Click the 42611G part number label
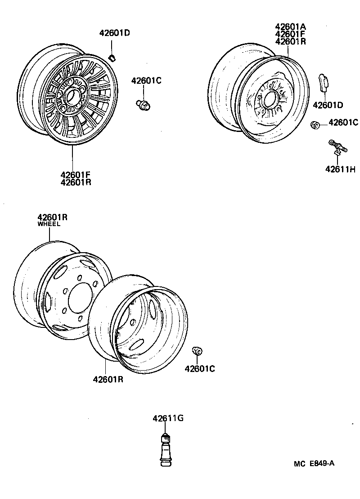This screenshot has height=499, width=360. [x=168, y=418]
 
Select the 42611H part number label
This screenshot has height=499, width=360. [x=340, y=169]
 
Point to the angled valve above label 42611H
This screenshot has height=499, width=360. [x=337, y=147]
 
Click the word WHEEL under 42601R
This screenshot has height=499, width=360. [x=49, y=224]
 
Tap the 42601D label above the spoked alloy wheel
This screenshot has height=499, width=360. [x=114, y=33]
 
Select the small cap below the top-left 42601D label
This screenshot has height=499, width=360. [x=113, y=57]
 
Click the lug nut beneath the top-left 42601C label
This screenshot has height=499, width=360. [x=144, y=105]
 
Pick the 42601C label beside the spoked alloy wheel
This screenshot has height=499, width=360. [x=146, y=81]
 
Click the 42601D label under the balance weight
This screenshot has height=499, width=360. [x=328, y=105]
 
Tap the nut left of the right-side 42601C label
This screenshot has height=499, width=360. [x=315, y=124]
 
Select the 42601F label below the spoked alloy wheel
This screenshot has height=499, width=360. [x=75, y=174]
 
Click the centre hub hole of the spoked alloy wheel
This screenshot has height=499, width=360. [x=71, y=96]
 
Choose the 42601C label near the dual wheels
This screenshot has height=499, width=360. [x=199, y=369]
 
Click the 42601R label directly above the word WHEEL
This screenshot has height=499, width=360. [x=52, y=217]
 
